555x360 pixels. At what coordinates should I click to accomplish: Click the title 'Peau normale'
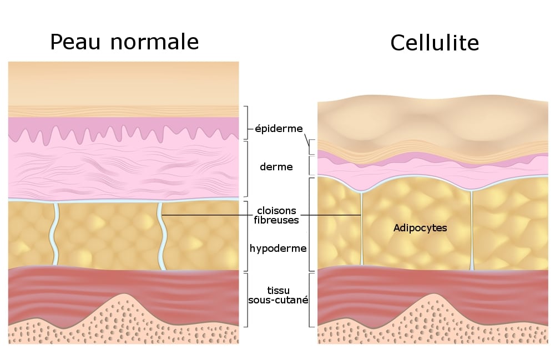124,42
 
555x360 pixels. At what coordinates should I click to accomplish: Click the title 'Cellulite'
435,43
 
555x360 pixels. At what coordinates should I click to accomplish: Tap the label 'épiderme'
279,128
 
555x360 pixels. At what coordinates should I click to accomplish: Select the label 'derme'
276,166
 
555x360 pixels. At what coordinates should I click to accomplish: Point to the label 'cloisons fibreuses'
276,215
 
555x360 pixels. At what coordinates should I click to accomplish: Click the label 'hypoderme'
278,249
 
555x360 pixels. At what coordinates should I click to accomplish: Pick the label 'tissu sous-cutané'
278,295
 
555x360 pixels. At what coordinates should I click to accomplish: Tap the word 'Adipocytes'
420,228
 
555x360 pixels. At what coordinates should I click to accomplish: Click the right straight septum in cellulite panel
471,230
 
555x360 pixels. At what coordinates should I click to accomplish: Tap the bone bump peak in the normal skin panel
124,295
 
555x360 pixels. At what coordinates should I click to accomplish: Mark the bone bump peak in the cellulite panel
433,295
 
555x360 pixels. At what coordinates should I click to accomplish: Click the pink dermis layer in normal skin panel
124,168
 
